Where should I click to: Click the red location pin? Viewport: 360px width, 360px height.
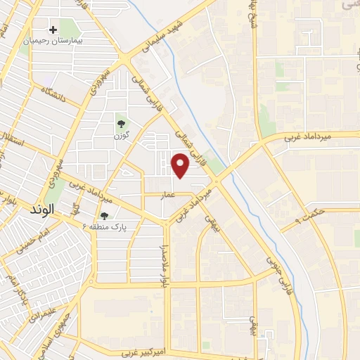[181, 166]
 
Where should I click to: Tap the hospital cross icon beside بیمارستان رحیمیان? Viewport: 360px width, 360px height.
[53, 30]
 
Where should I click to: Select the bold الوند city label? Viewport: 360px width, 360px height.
[43, 209]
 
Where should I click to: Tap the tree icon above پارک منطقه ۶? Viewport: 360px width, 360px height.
[105, 216]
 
